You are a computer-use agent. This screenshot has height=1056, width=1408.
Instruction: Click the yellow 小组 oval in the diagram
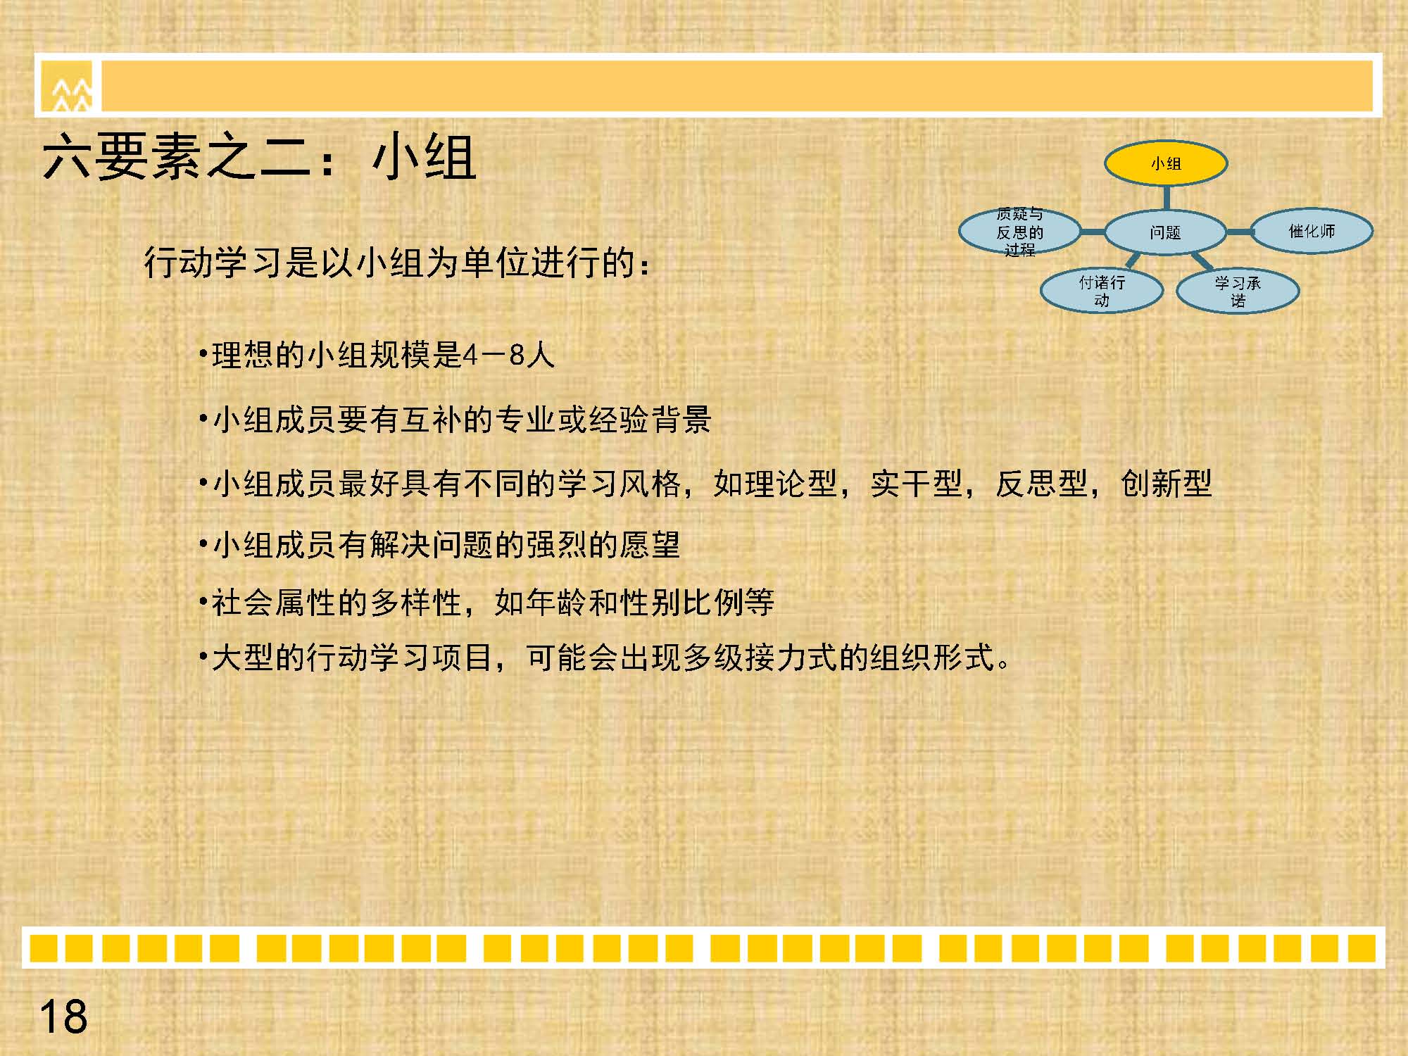pos(1166,163)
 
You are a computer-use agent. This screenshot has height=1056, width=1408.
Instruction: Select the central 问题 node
pos(1166,232)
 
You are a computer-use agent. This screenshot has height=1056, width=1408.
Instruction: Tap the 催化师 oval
pos(1312,231)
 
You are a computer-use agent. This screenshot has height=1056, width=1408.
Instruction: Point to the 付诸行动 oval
pos(1102,291)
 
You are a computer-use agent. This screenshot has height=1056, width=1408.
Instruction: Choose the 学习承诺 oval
pos(1238,291)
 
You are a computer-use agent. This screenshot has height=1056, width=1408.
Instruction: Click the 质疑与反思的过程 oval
pos(1020,231)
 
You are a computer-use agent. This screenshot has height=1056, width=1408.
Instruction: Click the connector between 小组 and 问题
pos(1166,198)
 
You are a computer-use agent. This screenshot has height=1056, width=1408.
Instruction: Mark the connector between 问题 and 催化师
pos(1239,232)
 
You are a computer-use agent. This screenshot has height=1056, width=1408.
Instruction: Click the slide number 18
pos(63,1017)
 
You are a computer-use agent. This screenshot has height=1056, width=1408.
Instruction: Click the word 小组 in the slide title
pos(425,157)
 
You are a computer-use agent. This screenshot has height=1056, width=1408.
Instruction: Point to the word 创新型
pos(1166,484)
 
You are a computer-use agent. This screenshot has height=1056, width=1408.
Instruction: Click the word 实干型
pos(915,484)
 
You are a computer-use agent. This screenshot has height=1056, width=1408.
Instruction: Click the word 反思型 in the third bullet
pos(1041,484)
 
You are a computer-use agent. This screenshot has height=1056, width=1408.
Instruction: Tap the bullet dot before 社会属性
pos(203,603)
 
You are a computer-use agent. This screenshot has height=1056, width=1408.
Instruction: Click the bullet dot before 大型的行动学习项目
pos(203,658)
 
